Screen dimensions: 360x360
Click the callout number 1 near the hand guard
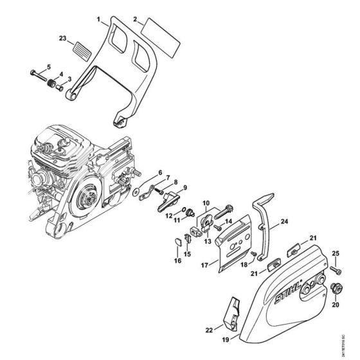tap(100, 21)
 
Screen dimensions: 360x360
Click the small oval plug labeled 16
tap(175, 240)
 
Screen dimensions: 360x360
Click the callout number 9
tap(184, 188)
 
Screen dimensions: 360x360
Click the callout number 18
tap(244, 264)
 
